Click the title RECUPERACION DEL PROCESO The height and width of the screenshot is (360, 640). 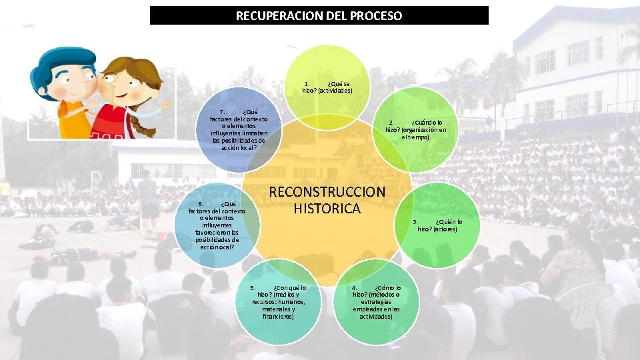coord(319,15)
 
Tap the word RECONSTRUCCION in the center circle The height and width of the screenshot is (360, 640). coord(327,192)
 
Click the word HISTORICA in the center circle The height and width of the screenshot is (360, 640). coord(327,209)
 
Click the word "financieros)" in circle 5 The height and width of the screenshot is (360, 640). coord(278,317)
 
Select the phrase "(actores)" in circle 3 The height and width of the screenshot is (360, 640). coord(445,229)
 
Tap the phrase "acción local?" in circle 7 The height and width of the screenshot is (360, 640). coord(238,148)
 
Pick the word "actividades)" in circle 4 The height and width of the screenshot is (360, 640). coord(376,317)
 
